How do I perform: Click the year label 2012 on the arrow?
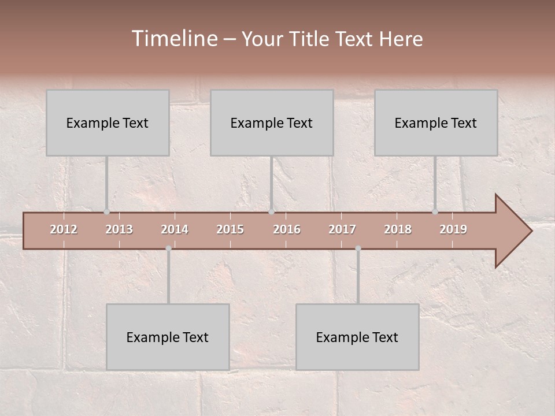click(64, 229)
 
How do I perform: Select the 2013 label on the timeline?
click(119, 229)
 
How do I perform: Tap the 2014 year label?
click(175, 229)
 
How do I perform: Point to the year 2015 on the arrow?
click(230, 229)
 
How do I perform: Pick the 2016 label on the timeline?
click(287, 229)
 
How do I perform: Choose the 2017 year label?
click(342, 229)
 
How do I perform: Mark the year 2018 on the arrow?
click(398, 229)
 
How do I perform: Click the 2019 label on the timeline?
click(453, 229)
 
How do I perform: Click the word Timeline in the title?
click(174, 39)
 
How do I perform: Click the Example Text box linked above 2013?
click(108, 122)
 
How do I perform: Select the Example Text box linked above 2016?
click(272, 122)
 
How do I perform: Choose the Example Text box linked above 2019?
click(436, 122)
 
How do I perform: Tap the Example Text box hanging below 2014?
click(168, 337)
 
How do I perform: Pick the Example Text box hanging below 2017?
click(357, 337)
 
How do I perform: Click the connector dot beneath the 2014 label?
click(168, 248)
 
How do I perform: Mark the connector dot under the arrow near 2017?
click(358, 248)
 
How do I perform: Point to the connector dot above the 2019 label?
click(435, 212)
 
